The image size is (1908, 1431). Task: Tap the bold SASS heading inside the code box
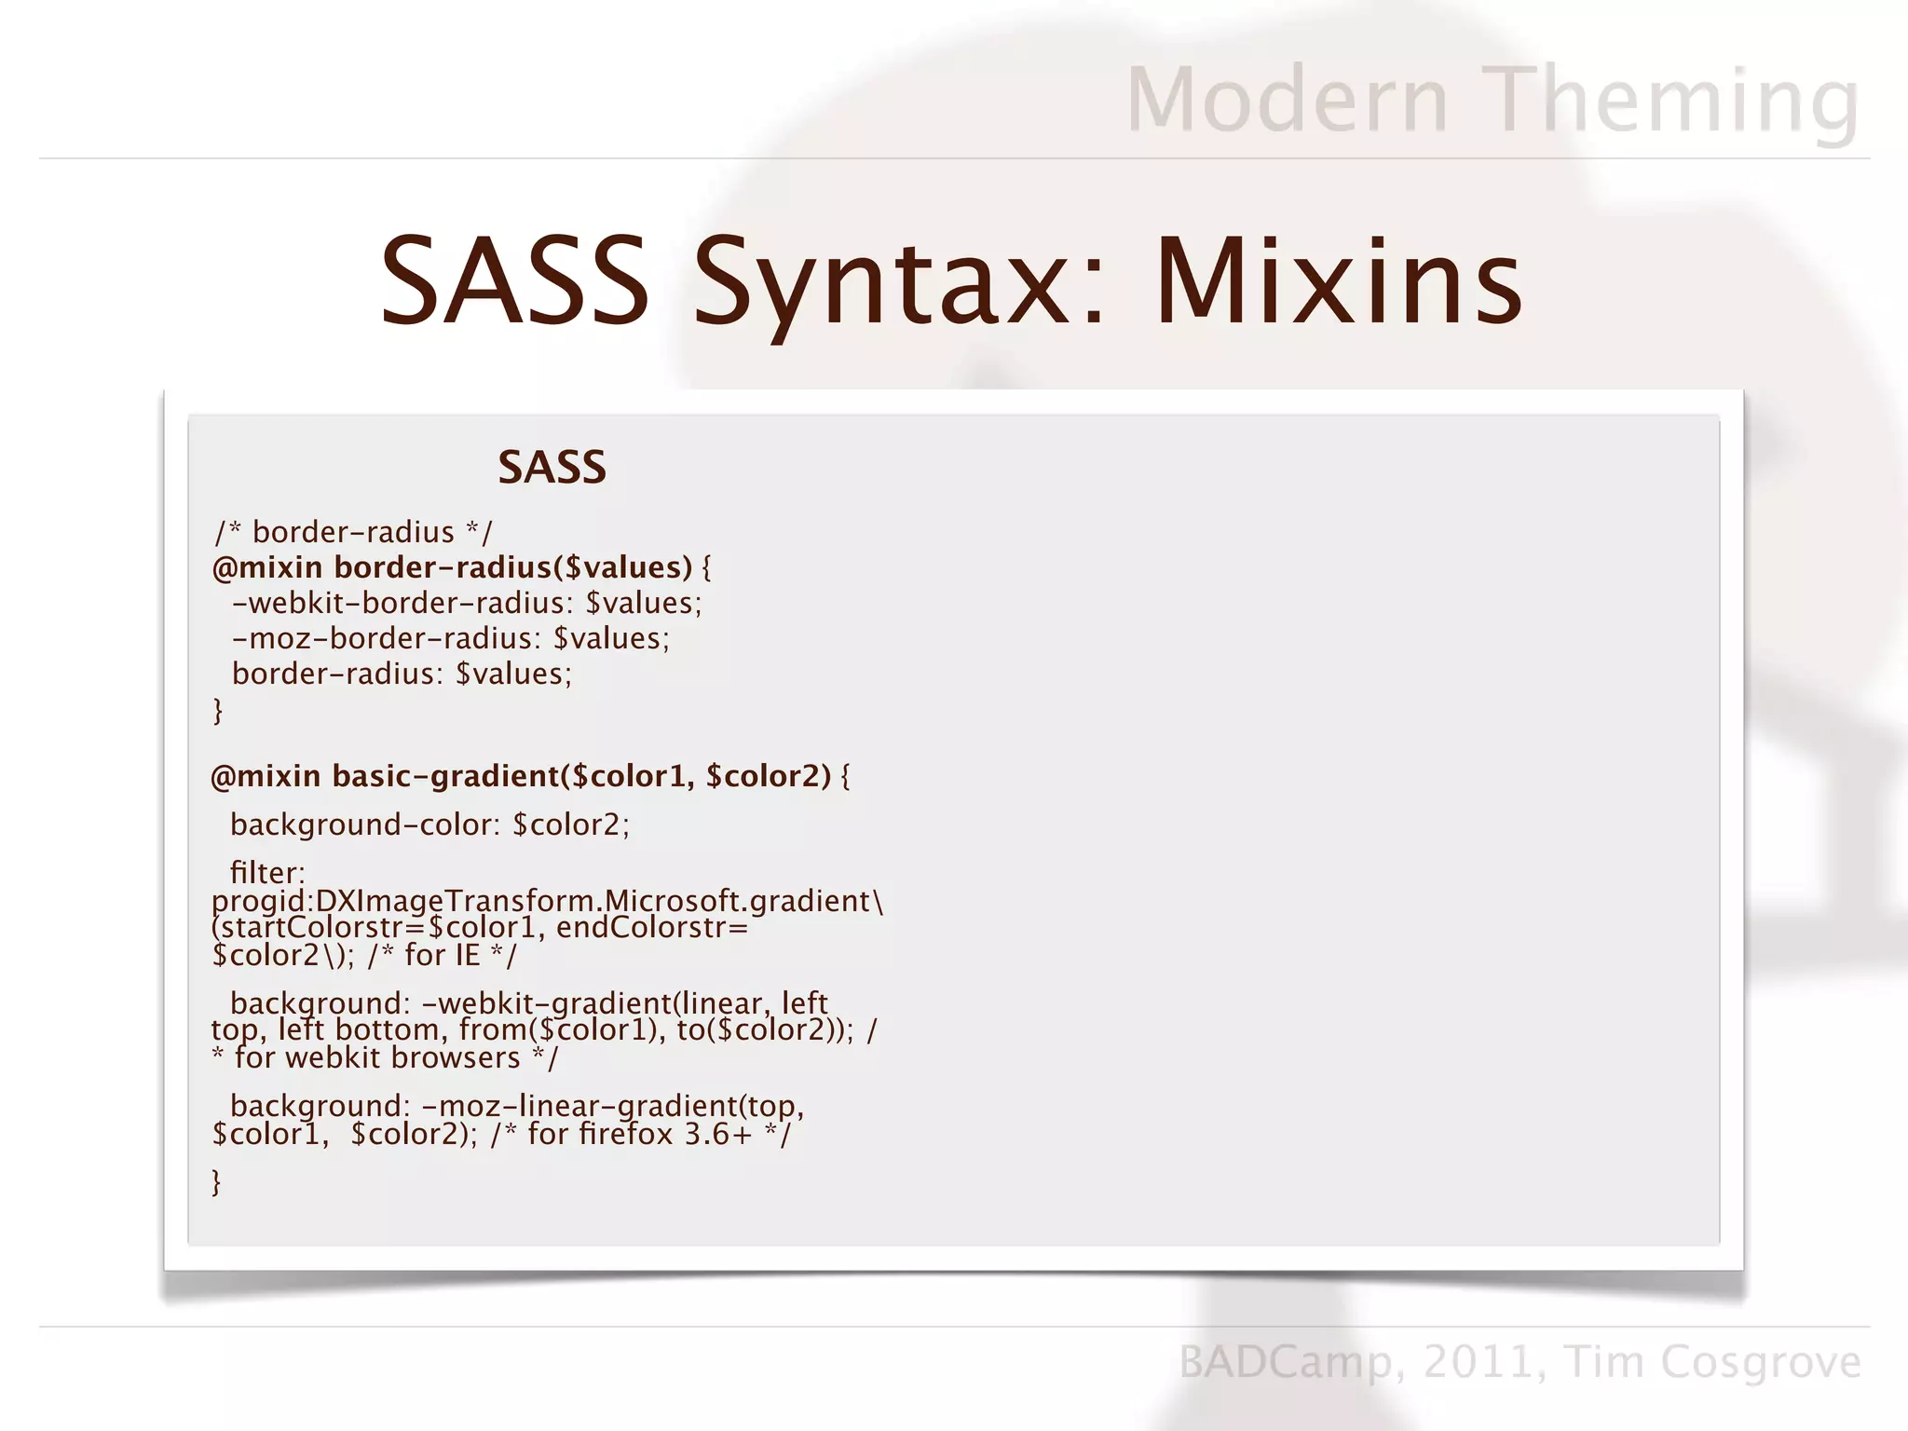click(x=552, y=467)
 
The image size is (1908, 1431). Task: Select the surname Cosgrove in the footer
click(x=1761, y=1362)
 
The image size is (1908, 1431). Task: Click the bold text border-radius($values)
click(x=512, y=567)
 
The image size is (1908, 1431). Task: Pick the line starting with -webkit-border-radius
click(x=466, y=603)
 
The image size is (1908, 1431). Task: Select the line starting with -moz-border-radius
click(x=450, y=638)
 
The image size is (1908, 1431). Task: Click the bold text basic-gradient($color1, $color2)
click(x=580, y=776)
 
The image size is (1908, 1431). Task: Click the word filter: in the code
click(x=267, y=873)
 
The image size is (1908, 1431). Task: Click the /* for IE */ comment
click(x=442, y=955)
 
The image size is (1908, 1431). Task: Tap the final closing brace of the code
click(x=217, y=1182)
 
